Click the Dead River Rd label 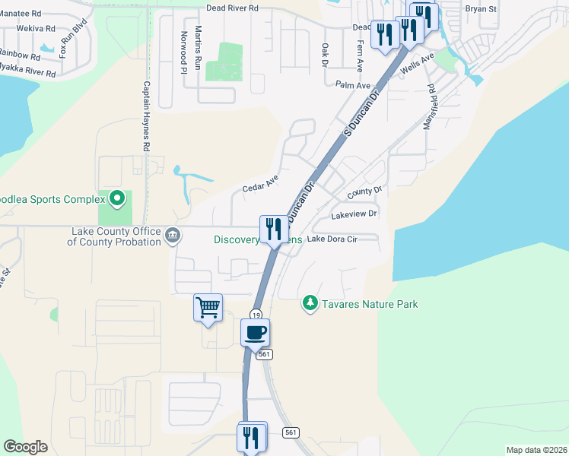click(x=233, y=8)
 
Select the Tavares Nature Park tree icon click(x=310, y=304)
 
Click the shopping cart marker click(x=208, y=307)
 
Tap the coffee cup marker click(x=256, y=332)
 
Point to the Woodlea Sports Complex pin click(x=116, y=199)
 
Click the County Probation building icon click(x=173, y=236)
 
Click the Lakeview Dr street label click(x=354, y=215)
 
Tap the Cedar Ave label click(x=260, y=183)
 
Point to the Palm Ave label click(x=351, y=85)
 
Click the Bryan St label click(x=480, y=10)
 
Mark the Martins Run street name click(x=198, y=47)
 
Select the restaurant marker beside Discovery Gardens click(x=272, y=229)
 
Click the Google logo click(x=25, y=447)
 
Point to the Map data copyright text click(x=536, y=450)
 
